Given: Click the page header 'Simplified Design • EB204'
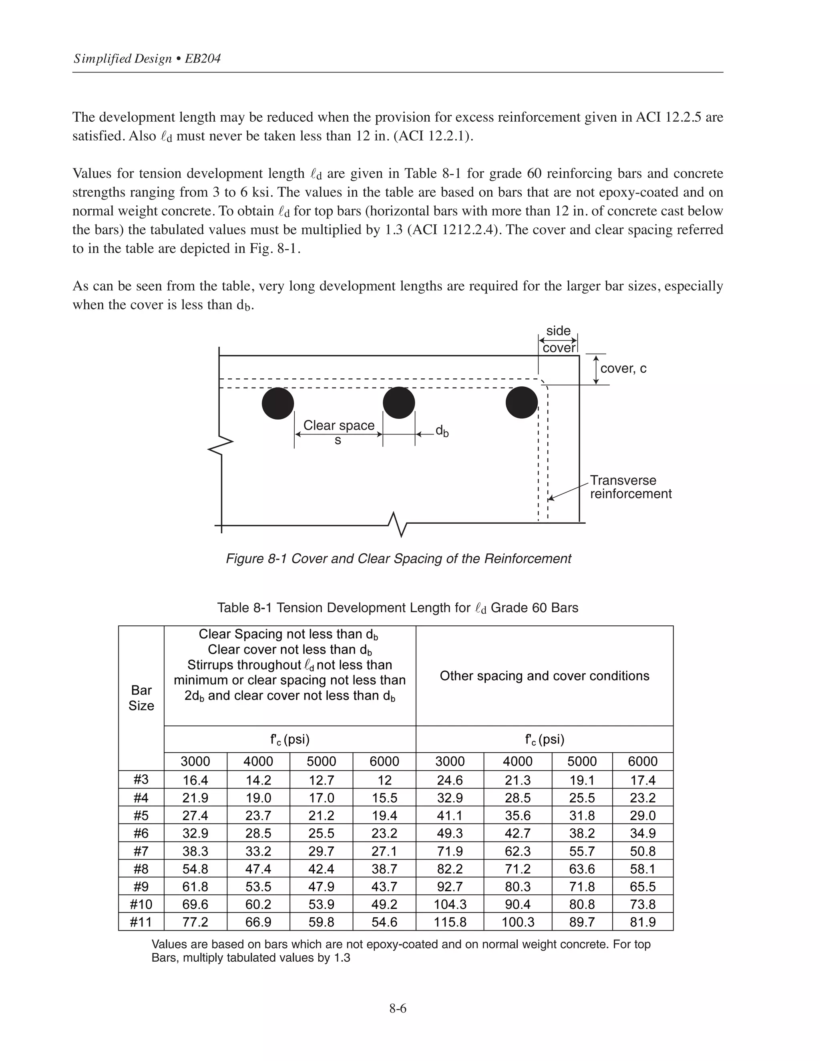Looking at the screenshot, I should click(147, 59).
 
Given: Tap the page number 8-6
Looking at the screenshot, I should click(397, 1008).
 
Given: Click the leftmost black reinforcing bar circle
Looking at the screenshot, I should click(278, 403).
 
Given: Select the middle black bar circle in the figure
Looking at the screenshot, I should click(399, 403).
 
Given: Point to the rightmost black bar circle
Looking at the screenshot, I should click(522, 402).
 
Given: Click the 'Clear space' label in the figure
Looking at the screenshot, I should click(339, 426).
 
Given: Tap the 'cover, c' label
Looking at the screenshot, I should click(623, 368).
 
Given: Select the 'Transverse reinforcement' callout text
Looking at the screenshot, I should click(630, 487).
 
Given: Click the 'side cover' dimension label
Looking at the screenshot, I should click(558, 339).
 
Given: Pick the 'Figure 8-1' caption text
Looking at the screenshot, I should click(398, 559).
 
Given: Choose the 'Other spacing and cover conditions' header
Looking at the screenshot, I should click(544, 676).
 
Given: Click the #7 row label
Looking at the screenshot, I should click(141, 851).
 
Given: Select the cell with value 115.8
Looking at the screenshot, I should click(450, 922).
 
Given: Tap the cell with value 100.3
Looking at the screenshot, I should click(518, 922).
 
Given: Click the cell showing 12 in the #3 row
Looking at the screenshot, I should click(384, 780).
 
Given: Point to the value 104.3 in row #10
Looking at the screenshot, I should click(450, 904).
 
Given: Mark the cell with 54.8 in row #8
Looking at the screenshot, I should click(195, 869).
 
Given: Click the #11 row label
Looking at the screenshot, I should click(141, 922).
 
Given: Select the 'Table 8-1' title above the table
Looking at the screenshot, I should click(397, 608).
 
